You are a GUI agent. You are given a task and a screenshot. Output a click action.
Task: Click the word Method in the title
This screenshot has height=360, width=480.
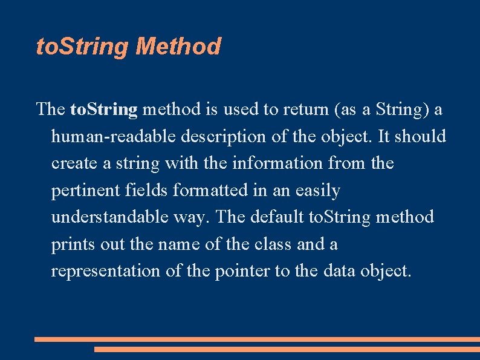point(178,47)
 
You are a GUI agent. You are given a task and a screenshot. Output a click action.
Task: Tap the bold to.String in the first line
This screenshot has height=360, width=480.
point(104,110)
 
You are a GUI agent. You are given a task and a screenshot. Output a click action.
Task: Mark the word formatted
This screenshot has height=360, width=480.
point(210,191)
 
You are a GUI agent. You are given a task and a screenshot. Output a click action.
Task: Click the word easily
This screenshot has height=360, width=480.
point(318,191)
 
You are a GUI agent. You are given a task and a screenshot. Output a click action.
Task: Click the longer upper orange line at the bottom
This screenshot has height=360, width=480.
point(257,339)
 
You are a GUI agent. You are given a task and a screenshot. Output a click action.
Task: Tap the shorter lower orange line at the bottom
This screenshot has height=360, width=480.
point(287,349)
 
